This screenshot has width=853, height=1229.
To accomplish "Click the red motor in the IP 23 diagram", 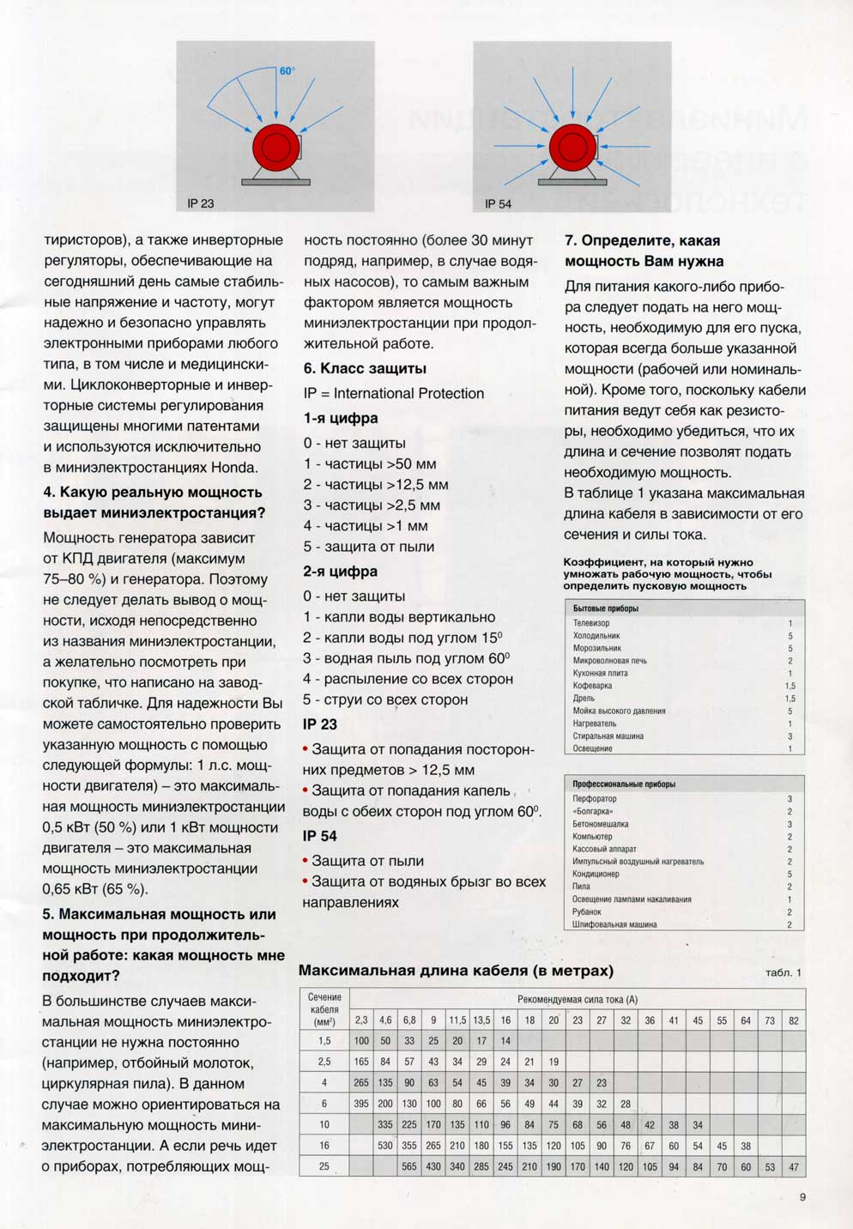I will pos(275,148).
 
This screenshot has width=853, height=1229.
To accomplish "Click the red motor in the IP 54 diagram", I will pos(572,148).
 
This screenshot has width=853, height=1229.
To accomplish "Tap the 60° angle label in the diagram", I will pos(287,71).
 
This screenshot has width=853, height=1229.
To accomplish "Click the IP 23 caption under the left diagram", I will pos(201,203).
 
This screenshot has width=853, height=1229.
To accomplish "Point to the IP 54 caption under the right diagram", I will pos(498,203).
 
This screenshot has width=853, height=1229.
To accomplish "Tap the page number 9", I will pos(802,1197).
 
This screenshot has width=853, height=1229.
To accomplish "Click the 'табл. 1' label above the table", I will pos(783,972).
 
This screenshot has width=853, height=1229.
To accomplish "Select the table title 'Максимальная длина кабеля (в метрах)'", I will pos(456,971).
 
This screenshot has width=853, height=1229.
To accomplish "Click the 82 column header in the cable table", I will pos(794,1020).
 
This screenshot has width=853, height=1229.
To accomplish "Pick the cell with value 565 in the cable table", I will pos(409,1166).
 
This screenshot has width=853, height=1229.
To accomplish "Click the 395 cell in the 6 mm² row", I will pos(361,1104).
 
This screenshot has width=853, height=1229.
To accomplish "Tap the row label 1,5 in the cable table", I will pos(324,1041).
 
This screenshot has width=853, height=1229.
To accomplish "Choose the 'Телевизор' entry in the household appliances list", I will pos(591,623).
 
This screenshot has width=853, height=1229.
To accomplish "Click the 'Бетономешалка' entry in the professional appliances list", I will pos(601,824).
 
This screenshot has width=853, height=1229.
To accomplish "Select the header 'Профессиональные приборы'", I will pos(624,784).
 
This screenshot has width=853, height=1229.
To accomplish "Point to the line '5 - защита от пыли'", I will pos(369,547).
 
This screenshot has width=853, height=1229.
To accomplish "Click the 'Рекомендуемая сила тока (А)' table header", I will pos(578,999).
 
